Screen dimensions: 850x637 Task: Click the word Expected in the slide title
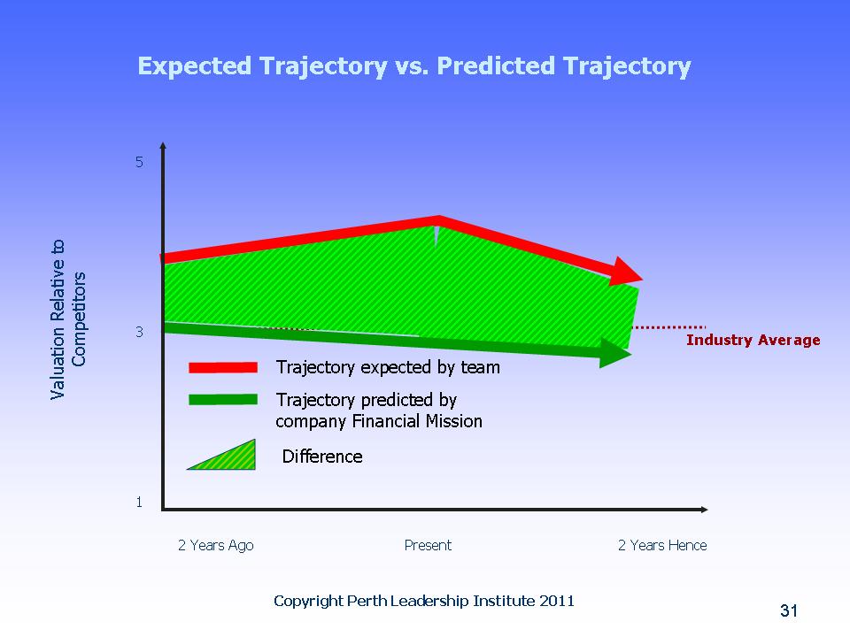pos(195,66)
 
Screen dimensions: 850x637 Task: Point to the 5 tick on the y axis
pos(139,162)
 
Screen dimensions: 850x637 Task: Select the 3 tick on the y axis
pos(139,332)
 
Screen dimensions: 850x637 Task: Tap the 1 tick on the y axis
pos(139,503)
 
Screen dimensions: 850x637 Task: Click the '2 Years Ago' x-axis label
pos(216,546)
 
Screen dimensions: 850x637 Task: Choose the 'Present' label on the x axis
pos(428,545)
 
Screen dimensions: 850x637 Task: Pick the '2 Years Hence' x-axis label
pos(662,545)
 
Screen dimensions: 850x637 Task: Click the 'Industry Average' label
pos(753,340)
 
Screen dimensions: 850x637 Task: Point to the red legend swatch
pos(223,367)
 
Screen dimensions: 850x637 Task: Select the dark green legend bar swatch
pos(223,399)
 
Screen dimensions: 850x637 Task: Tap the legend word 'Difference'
pos(322,457)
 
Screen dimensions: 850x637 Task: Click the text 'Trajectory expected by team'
pos(388,367)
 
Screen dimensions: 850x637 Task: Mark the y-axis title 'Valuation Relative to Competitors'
pos(68,319)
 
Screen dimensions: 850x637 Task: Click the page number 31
pos(789,610)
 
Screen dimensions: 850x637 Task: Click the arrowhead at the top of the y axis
pos(163,145)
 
